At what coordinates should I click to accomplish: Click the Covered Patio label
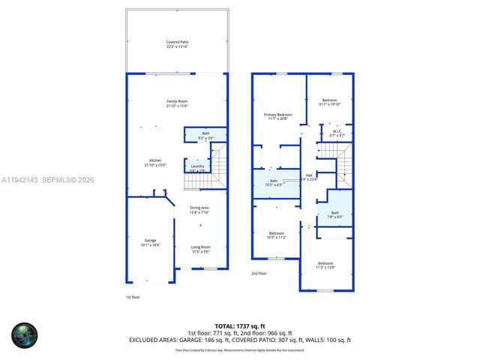pos(177,44)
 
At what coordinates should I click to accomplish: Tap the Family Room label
pos(177,103)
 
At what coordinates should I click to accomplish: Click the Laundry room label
pos(197,168)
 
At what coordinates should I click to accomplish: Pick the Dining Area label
pos(199,209)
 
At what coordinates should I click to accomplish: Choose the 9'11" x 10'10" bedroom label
pos(330,102)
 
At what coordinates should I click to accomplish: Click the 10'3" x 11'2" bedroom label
pos(277,235)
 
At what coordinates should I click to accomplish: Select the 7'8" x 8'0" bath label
pos(334,215)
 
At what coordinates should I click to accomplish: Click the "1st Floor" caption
pos(132,298)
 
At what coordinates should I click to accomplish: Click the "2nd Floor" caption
pos(259,274)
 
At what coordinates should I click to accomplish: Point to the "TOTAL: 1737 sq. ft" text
pos(240,326)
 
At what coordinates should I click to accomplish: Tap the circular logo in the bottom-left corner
pos(24,335)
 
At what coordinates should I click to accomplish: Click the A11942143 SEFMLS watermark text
pos(47,180)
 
